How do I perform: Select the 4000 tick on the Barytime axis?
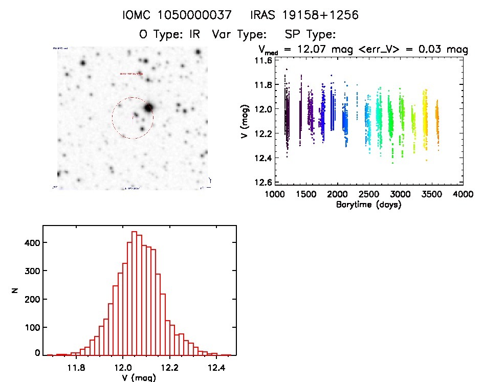(x=463, y=194)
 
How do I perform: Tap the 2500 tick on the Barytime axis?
(x=368, y=194)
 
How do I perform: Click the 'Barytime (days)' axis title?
(x=369, y=205)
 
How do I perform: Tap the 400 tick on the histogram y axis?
(x=31, y=243)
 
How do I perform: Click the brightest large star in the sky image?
(x=148, y=108)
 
